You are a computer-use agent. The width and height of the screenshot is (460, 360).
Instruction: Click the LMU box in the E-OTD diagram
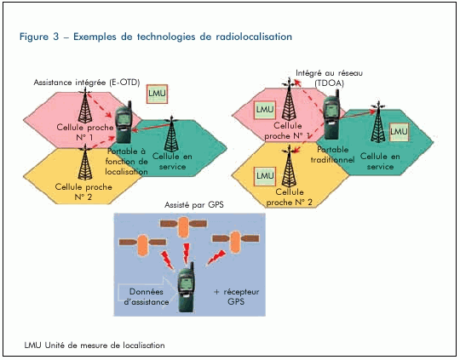[x=158, y=94]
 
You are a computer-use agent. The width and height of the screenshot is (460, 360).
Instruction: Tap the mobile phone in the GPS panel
[x=187, y=287]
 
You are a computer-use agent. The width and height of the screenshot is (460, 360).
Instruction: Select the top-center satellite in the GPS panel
[x=183, y=226]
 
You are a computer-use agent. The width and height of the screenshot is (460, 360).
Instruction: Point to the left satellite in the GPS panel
[x=142, y=243]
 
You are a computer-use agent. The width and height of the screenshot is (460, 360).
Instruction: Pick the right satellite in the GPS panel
[x=236, y=240]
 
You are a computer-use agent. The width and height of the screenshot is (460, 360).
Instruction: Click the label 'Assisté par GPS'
[x=194, y=204]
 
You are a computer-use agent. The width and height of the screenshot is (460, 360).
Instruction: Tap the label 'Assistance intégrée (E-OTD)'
[x=87, y=83]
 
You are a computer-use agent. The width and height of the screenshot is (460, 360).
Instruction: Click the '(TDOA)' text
[x=330, y=83]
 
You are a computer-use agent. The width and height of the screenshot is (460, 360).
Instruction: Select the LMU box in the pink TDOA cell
[x=265, y=110]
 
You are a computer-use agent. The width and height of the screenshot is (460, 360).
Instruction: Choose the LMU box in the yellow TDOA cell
[x=265, y=176]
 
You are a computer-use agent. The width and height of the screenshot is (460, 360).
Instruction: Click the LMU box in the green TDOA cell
[x=399, y=132]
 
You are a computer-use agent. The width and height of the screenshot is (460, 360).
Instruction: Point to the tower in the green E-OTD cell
[x=171, y=134]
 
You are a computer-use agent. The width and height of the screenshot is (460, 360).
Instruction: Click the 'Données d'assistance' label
[x=147, y=297]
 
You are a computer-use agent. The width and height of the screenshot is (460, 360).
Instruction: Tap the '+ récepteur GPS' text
[x=237, y=297]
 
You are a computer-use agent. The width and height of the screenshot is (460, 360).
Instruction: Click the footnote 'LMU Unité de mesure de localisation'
[x=95, y=346]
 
